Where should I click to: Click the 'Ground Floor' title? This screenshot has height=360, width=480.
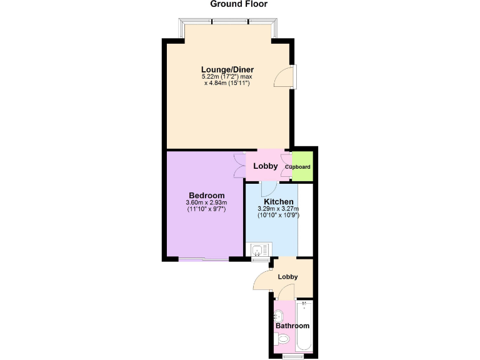pos(239,4)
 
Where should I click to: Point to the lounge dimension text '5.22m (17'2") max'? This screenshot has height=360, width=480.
pos(226,76)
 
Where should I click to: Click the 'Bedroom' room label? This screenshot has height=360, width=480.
pos(206,195)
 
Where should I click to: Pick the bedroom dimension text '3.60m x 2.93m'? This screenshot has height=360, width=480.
pos(206,202)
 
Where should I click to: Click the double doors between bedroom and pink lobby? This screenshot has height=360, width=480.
pos(239,166)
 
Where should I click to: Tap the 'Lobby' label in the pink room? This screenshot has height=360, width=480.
pos(265,166)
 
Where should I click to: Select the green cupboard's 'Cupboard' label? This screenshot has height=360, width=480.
pos(297,167)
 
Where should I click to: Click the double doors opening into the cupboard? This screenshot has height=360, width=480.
pos(286,166)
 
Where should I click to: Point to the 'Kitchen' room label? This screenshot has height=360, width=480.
pos(278,201)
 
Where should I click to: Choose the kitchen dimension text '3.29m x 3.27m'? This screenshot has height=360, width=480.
pos(278,209)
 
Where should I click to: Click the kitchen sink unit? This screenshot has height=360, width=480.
pos(257,251)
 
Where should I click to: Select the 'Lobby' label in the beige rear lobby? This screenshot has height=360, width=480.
pos(287,277)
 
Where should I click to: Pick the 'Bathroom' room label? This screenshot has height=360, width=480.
pos(292,326)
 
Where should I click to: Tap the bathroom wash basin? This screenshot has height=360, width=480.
pos(279,315)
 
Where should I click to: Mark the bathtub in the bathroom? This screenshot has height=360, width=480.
pos(304,325)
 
